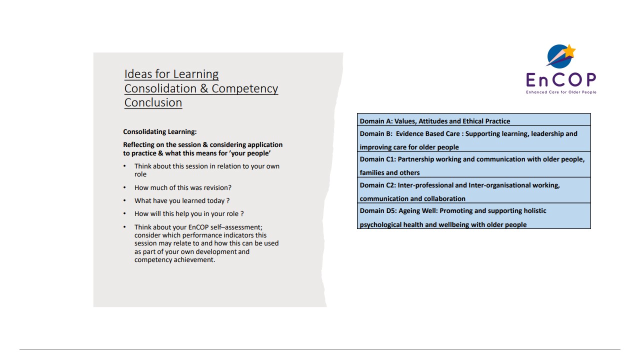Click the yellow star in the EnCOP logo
[x=569, y=50]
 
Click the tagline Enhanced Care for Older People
[x=561, y=92]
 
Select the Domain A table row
[x=473, y=121]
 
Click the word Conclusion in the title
[x=153, y=102]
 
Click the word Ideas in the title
[x=138, y=74]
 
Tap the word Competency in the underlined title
[x=244, y=88]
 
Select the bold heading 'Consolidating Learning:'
[x=160, y=132]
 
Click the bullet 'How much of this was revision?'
[x=182, y=188]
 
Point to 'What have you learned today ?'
[x=181, y=201]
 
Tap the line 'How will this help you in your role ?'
[x=189, y=214]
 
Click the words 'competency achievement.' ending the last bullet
[x=174, y=260]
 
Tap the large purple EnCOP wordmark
[x=561, y=79]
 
